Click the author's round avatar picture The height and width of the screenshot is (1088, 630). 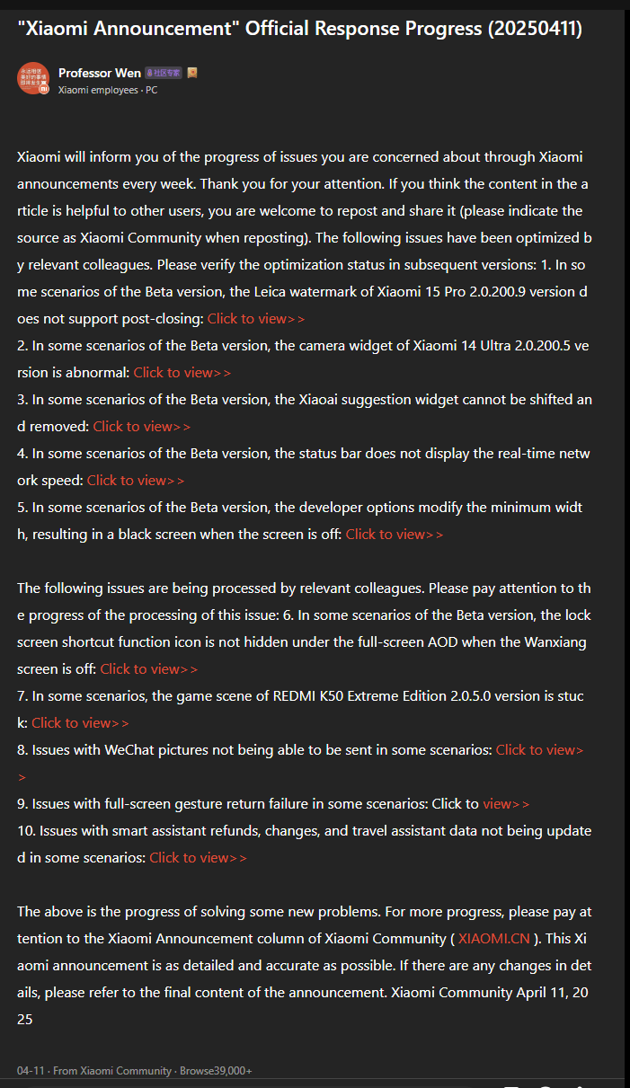click(32, 79)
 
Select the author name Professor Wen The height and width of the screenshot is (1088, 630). click(99, 73)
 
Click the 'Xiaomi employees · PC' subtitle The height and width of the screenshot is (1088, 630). click(108, 90)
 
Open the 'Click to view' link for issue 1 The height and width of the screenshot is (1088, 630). click(256, 318)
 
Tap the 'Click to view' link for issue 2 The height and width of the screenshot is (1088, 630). click(182, 372)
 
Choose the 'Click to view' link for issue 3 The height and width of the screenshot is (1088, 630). click(142, 426)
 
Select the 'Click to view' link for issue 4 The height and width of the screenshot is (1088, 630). click(136, 480)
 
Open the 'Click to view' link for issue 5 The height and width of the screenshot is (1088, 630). click(395, 534)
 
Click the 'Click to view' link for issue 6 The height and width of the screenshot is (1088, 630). click(149, 668)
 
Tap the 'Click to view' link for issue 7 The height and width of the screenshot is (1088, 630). click(80, 722)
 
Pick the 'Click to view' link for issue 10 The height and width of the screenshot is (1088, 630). click(198, 857)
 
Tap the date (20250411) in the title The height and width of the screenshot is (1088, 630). click(535, 29)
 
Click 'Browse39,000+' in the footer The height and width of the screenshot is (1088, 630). click(216, 1071)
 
